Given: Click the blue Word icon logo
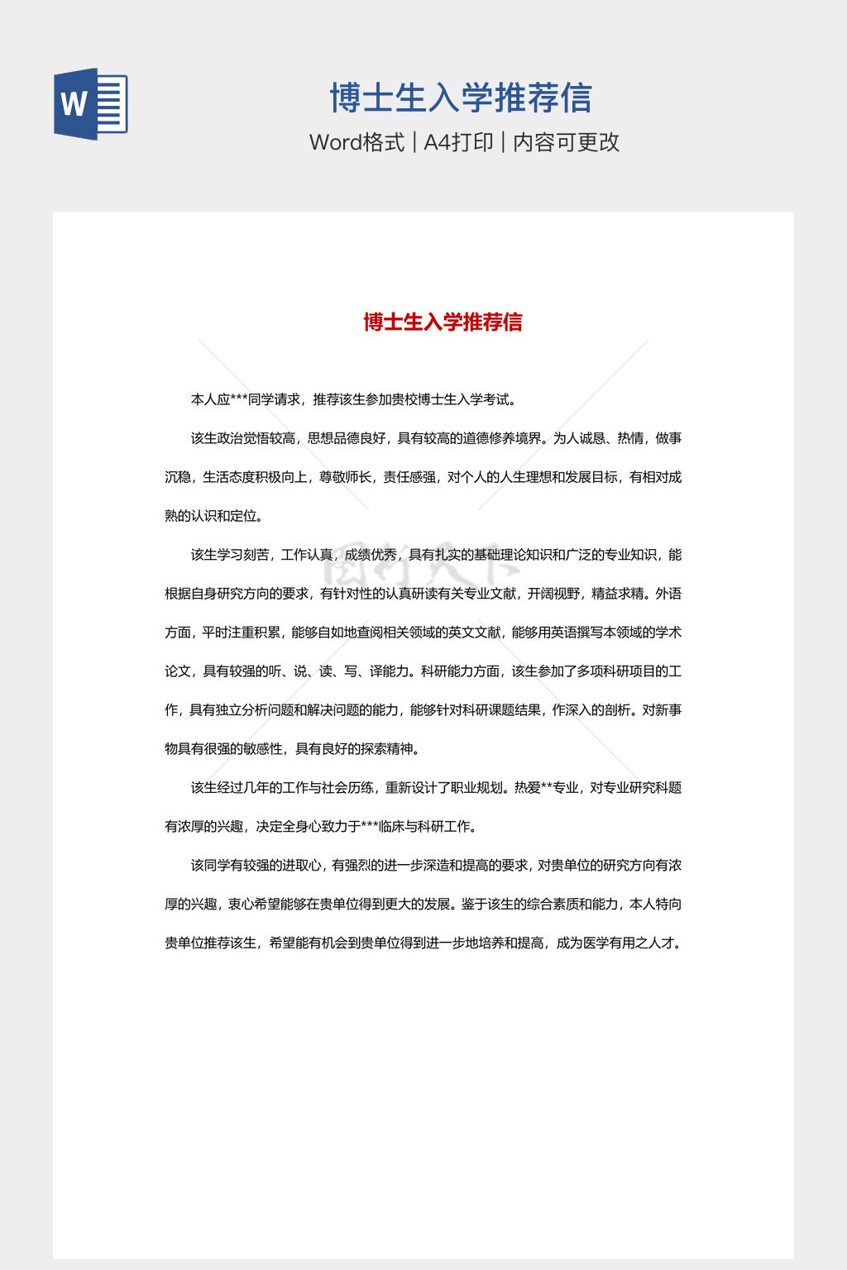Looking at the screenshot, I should (90, 104).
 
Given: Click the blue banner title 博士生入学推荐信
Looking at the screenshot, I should (461, 98).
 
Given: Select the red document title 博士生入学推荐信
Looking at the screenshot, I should (443, 322).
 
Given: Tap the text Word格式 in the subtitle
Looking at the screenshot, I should (357, 142).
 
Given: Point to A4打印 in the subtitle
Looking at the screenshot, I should (458, 142).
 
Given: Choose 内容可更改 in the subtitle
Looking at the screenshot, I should (566, 142).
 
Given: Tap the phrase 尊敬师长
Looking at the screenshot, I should (345, 477).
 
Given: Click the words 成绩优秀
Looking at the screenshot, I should (371, 555).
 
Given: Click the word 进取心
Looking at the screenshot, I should (301, 866).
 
